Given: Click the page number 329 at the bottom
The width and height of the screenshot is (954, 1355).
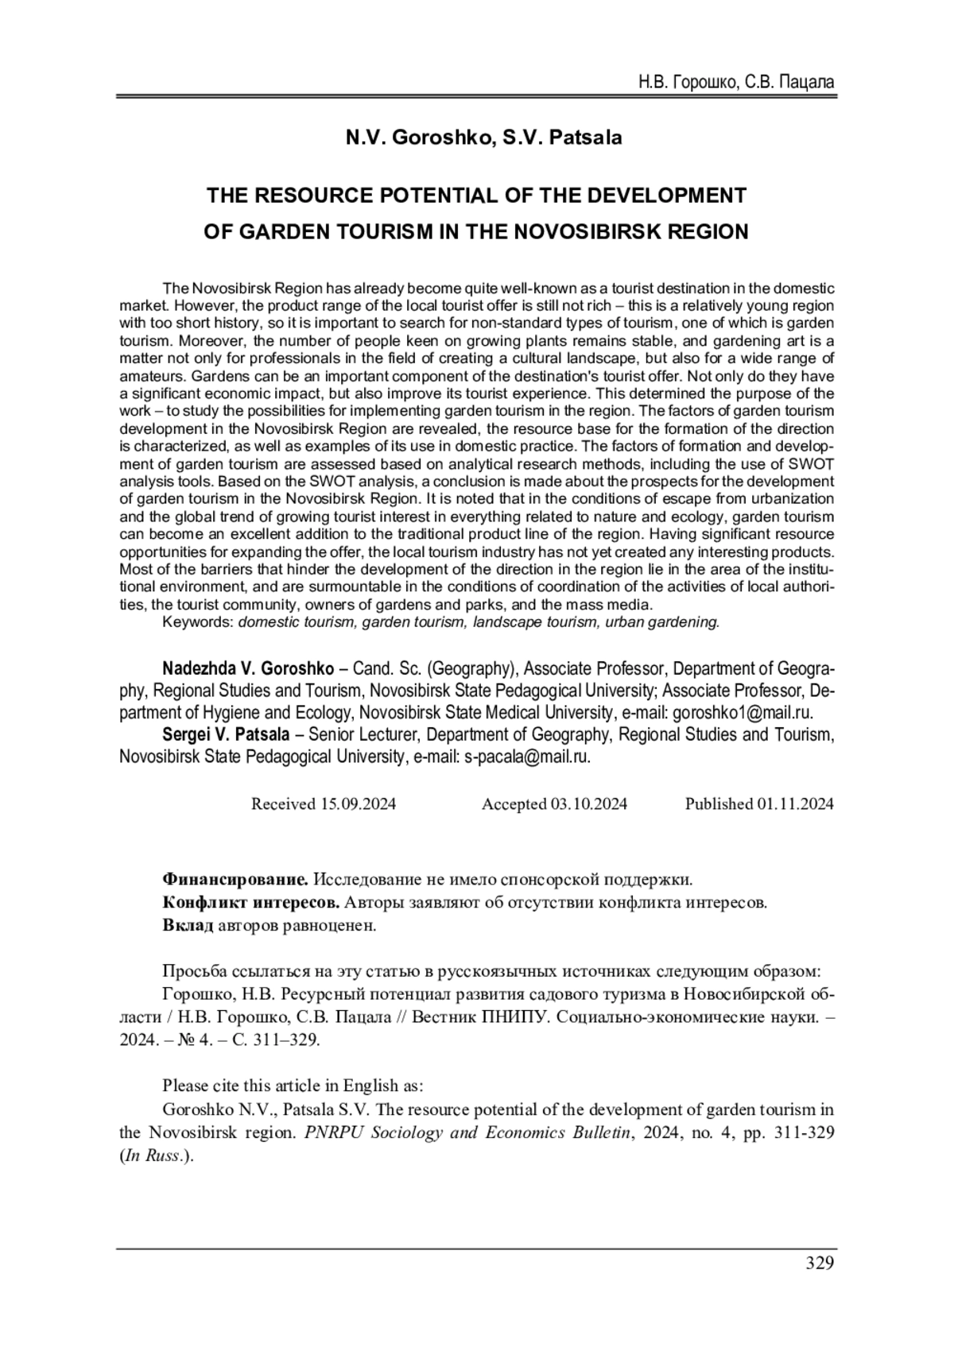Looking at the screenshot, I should pos(819,1263).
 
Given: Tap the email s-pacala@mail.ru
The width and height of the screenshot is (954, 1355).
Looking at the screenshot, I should pos(526,757).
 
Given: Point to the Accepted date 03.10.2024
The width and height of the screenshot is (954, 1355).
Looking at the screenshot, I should pos(588,803).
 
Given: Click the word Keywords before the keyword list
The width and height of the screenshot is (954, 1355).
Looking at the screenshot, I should pos(197,622).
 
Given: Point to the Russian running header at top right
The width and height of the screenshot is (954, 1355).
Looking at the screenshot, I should pos(736,82).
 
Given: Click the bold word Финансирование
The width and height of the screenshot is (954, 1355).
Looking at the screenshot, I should pos(235,879).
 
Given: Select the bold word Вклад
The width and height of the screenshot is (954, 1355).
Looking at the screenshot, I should pos(188,925).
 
